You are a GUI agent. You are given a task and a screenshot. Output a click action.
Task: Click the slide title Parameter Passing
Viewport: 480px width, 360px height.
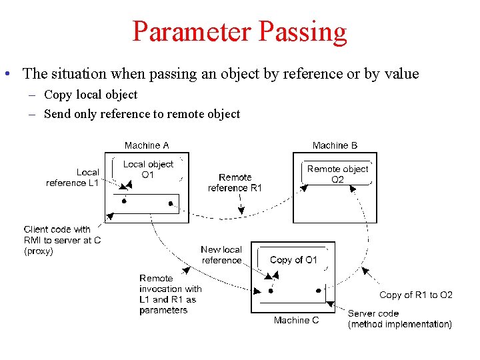click(239, 31)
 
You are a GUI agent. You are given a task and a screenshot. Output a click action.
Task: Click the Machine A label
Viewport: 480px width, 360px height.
click(147, 145)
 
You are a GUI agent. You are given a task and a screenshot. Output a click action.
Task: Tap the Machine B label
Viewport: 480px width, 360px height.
click(335, 145)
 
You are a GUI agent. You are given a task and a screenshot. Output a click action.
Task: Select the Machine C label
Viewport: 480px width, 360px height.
click(296, 320)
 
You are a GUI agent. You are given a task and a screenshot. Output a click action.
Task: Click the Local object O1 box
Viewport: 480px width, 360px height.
click(148, 169)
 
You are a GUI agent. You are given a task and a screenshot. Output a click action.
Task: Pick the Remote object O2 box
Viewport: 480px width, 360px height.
click(337, 174)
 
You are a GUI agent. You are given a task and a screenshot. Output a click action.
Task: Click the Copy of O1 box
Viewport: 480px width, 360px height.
click(293, 260)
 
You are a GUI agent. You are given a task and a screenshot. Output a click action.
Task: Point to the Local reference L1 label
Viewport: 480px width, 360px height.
click(73, 177)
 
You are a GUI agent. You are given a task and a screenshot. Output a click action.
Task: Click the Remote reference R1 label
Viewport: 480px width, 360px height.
click(235, 183)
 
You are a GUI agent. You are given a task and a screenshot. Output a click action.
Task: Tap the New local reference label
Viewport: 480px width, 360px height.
click(221, 255)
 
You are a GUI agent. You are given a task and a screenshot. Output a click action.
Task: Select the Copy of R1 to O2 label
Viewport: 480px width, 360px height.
click(416, 295)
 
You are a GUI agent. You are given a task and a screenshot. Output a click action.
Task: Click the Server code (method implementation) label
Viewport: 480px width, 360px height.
click(399, 319)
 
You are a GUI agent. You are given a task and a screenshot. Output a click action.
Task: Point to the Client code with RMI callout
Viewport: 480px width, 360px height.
click(62, 240)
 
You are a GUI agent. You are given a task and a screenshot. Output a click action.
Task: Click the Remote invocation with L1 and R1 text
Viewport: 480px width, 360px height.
click(170, 294)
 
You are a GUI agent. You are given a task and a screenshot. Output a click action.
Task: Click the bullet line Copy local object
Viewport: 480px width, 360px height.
click(91, 95)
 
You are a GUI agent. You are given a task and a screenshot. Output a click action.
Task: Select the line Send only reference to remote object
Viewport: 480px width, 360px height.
click(141, 114)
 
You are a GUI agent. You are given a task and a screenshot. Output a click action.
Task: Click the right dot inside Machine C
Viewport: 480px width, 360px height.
click(318, 291)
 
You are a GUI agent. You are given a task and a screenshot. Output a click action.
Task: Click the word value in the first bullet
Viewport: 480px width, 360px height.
click(401, 74)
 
